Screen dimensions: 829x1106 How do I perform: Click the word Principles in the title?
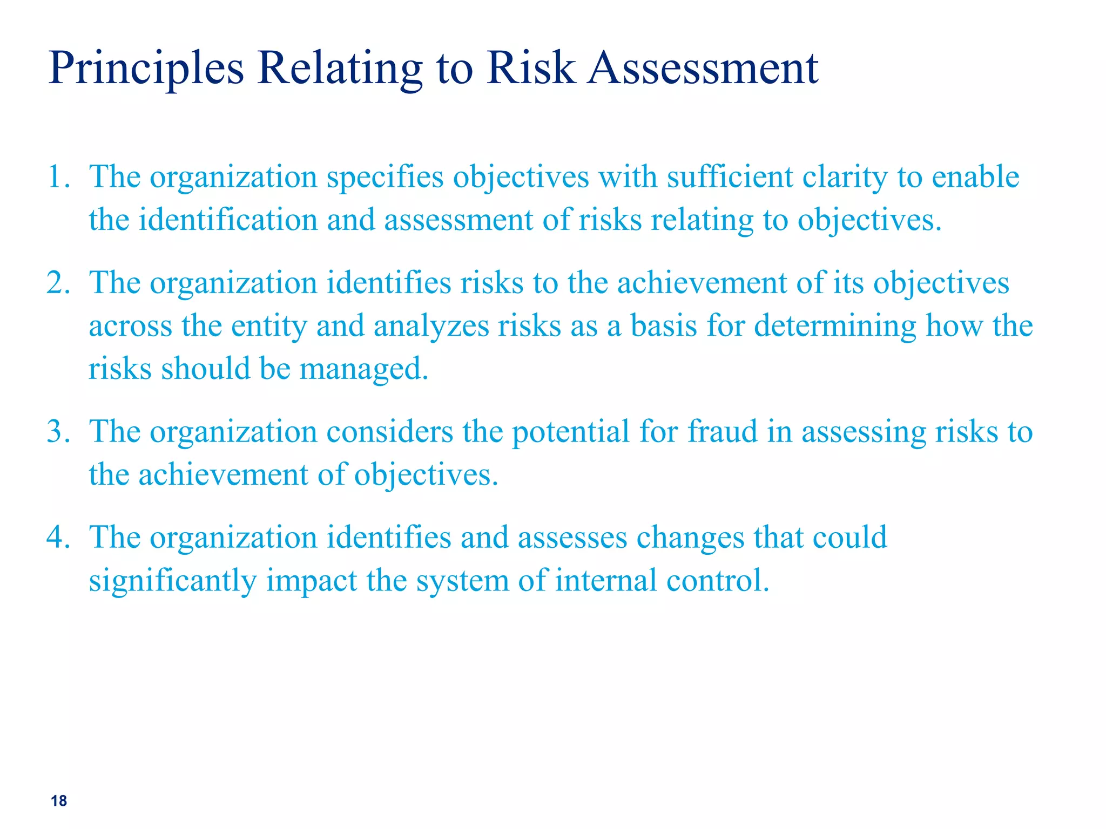[x=146, y=69]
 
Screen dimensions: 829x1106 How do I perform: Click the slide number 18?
[x=59, y=801]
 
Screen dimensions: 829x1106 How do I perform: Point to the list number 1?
[x=56, y=177]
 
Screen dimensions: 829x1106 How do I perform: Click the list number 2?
[x=57, y=283]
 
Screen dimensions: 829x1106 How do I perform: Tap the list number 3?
[x=57, y=432]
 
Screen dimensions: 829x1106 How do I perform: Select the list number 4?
[x=57, y=538]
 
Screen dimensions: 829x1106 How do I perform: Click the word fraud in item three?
[x=723, y=432]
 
